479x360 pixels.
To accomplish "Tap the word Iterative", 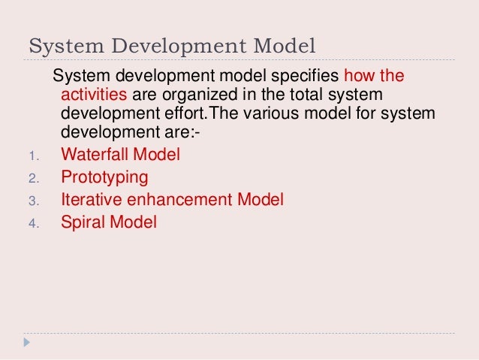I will click(x=89, y=201).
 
